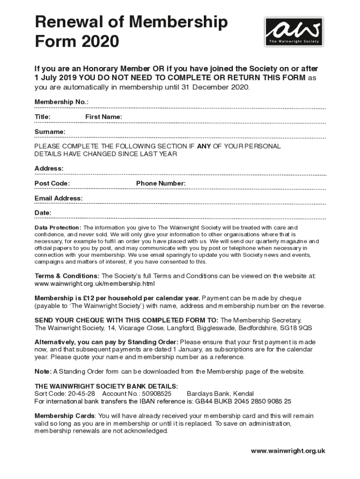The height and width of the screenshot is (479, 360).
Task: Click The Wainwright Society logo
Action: coord(294,31)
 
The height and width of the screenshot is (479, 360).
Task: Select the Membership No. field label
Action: coord(61,102)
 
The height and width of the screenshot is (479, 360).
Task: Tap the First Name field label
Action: coord(103,117)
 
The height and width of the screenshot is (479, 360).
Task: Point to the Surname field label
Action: coord(50,132)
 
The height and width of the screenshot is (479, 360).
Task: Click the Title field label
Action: coord(43,117)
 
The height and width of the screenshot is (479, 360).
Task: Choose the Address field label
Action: coord(49,168)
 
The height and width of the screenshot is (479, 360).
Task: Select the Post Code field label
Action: coord(52,183)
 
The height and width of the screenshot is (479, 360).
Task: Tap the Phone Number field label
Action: coord(161,183)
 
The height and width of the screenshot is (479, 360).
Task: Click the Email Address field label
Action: coord(58,198)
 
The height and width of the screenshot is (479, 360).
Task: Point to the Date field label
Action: coord(43,213)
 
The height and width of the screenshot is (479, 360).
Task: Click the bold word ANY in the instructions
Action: coord(204,146)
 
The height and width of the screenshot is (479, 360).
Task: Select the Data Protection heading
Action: coord(58,227)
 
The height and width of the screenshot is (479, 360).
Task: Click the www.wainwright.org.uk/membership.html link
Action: coord(94,283)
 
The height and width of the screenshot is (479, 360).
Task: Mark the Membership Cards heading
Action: coord(65,416)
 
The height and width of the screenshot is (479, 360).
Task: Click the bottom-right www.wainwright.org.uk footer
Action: coord(288,451)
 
